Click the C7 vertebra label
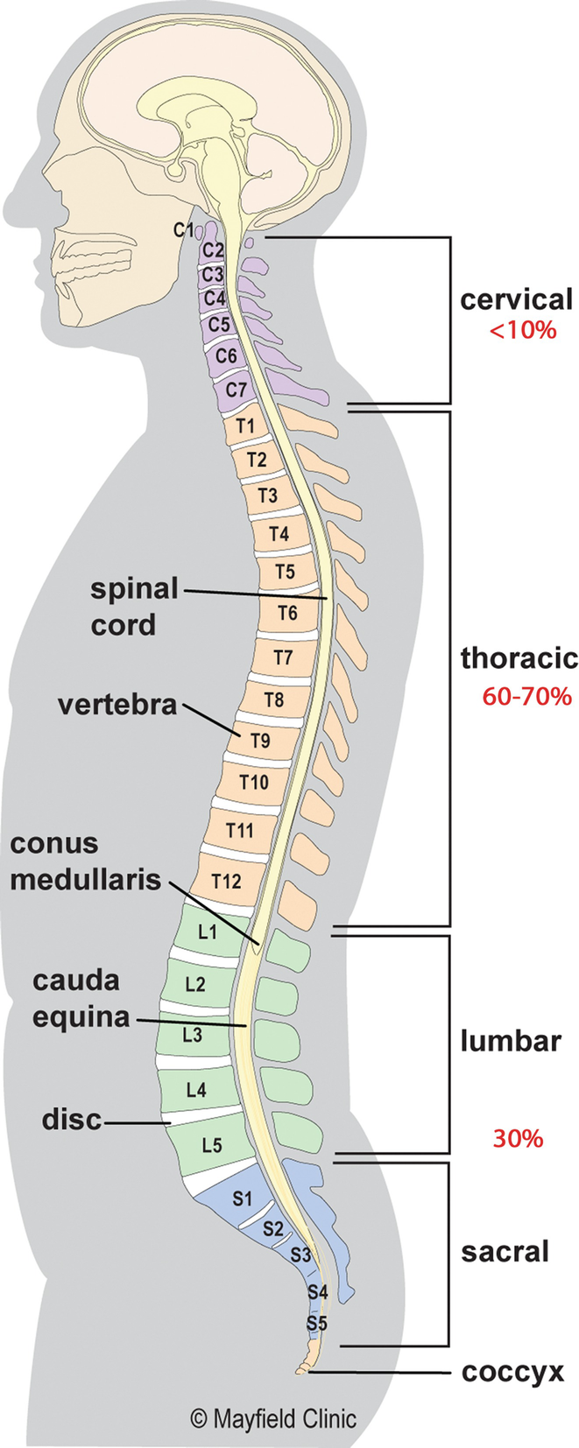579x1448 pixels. click(x=236, y=389)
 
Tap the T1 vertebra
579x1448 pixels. click(x=245, y=426)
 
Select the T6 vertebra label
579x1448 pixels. click(x=287, y=613)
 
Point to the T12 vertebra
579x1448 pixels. click(x=226, y=880)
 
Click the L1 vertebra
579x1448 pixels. click(x=208, y=931)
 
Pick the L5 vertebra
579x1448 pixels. click(x=212, y=1144)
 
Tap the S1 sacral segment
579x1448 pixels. click(x=243, y=1198)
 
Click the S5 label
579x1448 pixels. click(x=316, y=1323)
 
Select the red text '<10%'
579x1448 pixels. click(x=523, y=330)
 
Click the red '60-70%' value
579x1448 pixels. click(x=526, y=696)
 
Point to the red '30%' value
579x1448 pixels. click(x=518, y=1138)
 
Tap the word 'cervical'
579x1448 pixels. click(x=517, y=299)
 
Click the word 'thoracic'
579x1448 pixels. click(x=519, y=657)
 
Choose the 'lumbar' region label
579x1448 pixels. click(x=511, y=1041)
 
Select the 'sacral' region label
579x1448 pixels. click(x=505, y=1251)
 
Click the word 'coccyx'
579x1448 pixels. click(x=513, y=1372)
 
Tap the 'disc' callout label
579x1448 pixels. click(x=72, y=1119)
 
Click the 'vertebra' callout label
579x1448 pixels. click(x=117, y=704)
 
